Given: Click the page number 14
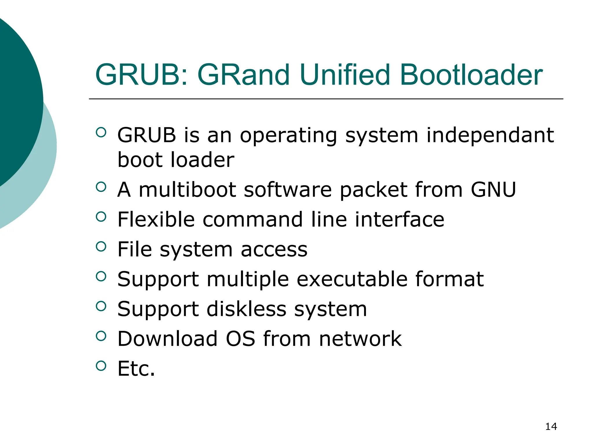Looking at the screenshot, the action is click(551, 426).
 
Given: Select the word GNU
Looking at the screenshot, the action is click(493, 190).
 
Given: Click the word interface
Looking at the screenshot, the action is click(400, 219).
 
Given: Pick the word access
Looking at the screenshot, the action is click(274, 249).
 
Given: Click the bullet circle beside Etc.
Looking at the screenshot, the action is click(101, 366).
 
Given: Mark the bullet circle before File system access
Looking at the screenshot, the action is click(101, 247).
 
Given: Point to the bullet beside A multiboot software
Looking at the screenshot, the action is click(101, 187).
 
